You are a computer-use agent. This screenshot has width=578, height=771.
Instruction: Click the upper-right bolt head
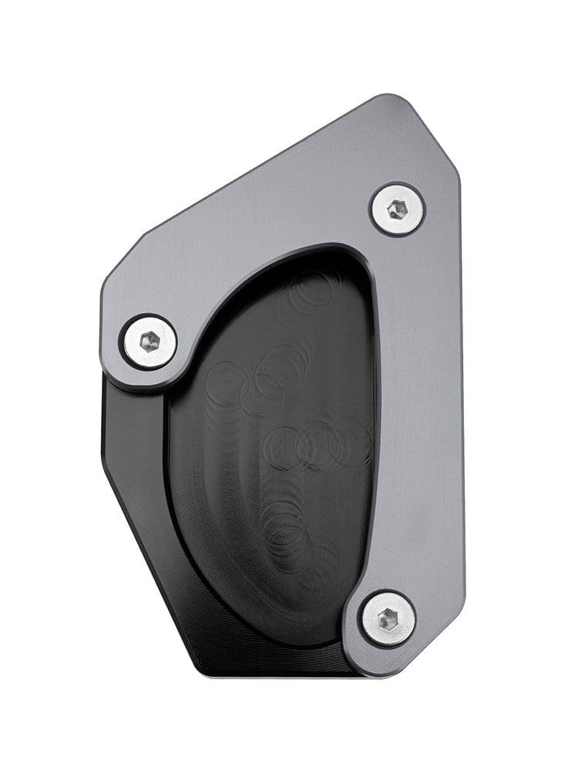[397, 209]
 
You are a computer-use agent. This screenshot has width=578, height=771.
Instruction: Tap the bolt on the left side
[149, 342]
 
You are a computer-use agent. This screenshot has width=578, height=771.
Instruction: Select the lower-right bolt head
[388, 618]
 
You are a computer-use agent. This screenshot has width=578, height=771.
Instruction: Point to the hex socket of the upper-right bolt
[397, 209]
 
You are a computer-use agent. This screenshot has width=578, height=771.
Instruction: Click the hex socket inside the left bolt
[149, 342]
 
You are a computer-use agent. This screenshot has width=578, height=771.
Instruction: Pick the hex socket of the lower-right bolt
[388, 618]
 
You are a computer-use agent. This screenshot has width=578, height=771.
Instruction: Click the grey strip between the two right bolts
[420, 409]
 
